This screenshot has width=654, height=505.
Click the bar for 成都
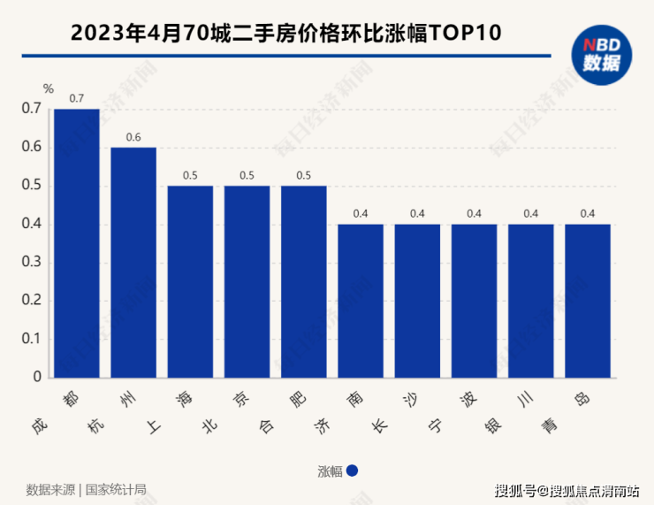[x=77, y=243]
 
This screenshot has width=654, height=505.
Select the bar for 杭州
[x=133, y=263]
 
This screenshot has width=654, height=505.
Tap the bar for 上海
[x=190, y=281]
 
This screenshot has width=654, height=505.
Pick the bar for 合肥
[x=304, y=281]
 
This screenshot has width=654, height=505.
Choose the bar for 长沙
[x=417, y=301]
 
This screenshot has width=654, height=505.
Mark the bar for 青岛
[x=588, y=301]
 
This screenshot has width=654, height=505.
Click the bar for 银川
[x=531, y=301]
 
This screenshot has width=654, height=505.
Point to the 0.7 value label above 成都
[x=77, y=98]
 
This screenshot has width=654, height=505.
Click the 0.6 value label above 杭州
[x=133, y=137]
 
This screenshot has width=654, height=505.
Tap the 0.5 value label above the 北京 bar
[x=247, y=175]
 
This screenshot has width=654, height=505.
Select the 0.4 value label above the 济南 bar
[x=361, y=214]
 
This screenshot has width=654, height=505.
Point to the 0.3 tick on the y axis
[x=32, y=262]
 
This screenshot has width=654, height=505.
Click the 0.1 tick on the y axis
[x=32, y=339]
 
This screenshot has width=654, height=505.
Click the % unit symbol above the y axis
[x=49, y=88]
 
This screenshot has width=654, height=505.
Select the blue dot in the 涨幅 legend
[x=352, y=471]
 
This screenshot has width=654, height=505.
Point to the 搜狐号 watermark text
[x=515, y=490]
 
